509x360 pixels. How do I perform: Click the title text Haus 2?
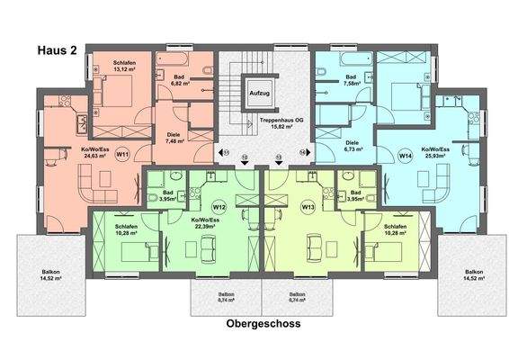[x=57, y=52]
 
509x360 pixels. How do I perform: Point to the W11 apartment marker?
[x=123, y=155]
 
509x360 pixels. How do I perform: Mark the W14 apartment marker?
[x=405, y=155]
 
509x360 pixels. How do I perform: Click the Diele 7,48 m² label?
[x=174, y=138]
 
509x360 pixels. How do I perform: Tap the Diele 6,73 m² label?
[x=353, y=144]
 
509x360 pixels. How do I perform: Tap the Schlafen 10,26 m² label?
[x=396, y=229]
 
